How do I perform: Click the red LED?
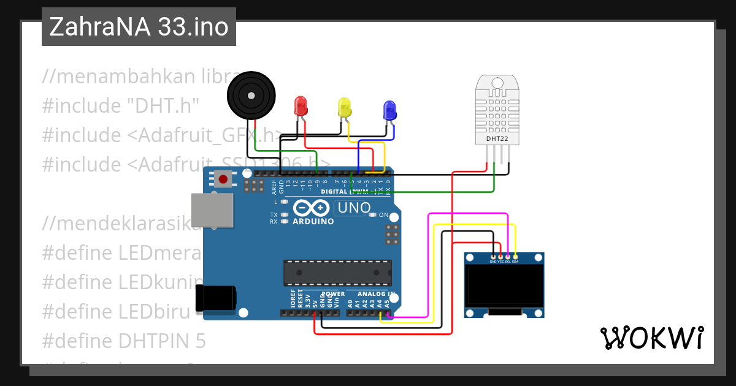[301, 105]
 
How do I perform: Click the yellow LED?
[345, 108]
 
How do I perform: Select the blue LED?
[389, 110]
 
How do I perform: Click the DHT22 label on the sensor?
[497, 139]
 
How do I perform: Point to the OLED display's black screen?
[504, 286]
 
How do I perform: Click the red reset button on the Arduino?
[224, 180]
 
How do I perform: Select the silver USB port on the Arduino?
[212, 211]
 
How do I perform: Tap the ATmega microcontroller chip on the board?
[337, 273]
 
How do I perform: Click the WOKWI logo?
[651, 338]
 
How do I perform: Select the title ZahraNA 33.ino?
[139, 27]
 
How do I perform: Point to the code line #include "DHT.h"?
[121, 105]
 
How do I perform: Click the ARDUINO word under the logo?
[313, 221]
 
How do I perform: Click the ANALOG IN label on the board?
[375, 294]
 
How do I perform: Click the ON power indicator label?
[384, 215]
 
